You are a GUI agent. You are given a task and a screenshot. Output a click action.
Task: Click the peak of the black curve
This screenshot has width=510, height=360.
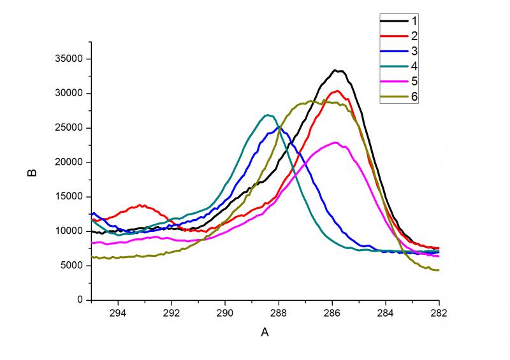point(337,71)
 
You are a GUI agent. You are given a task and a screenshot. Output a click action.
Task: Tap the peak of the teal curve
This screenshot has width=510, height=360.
point(268,115)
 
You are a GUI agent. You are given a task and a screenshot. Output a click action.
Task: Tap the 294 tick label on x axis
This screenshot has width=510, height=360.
point(118,313)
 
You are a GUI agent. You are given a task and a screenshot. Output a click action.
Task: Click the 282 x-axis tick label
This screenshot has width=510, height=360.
point(439,313)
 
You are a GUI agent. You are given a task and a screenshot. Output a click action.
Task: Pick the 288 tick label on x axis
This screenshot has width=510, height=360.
point(279,313)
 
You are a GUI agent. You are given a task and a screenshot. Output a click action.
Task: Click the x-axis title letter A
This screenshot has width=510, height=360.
point(265,332)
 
